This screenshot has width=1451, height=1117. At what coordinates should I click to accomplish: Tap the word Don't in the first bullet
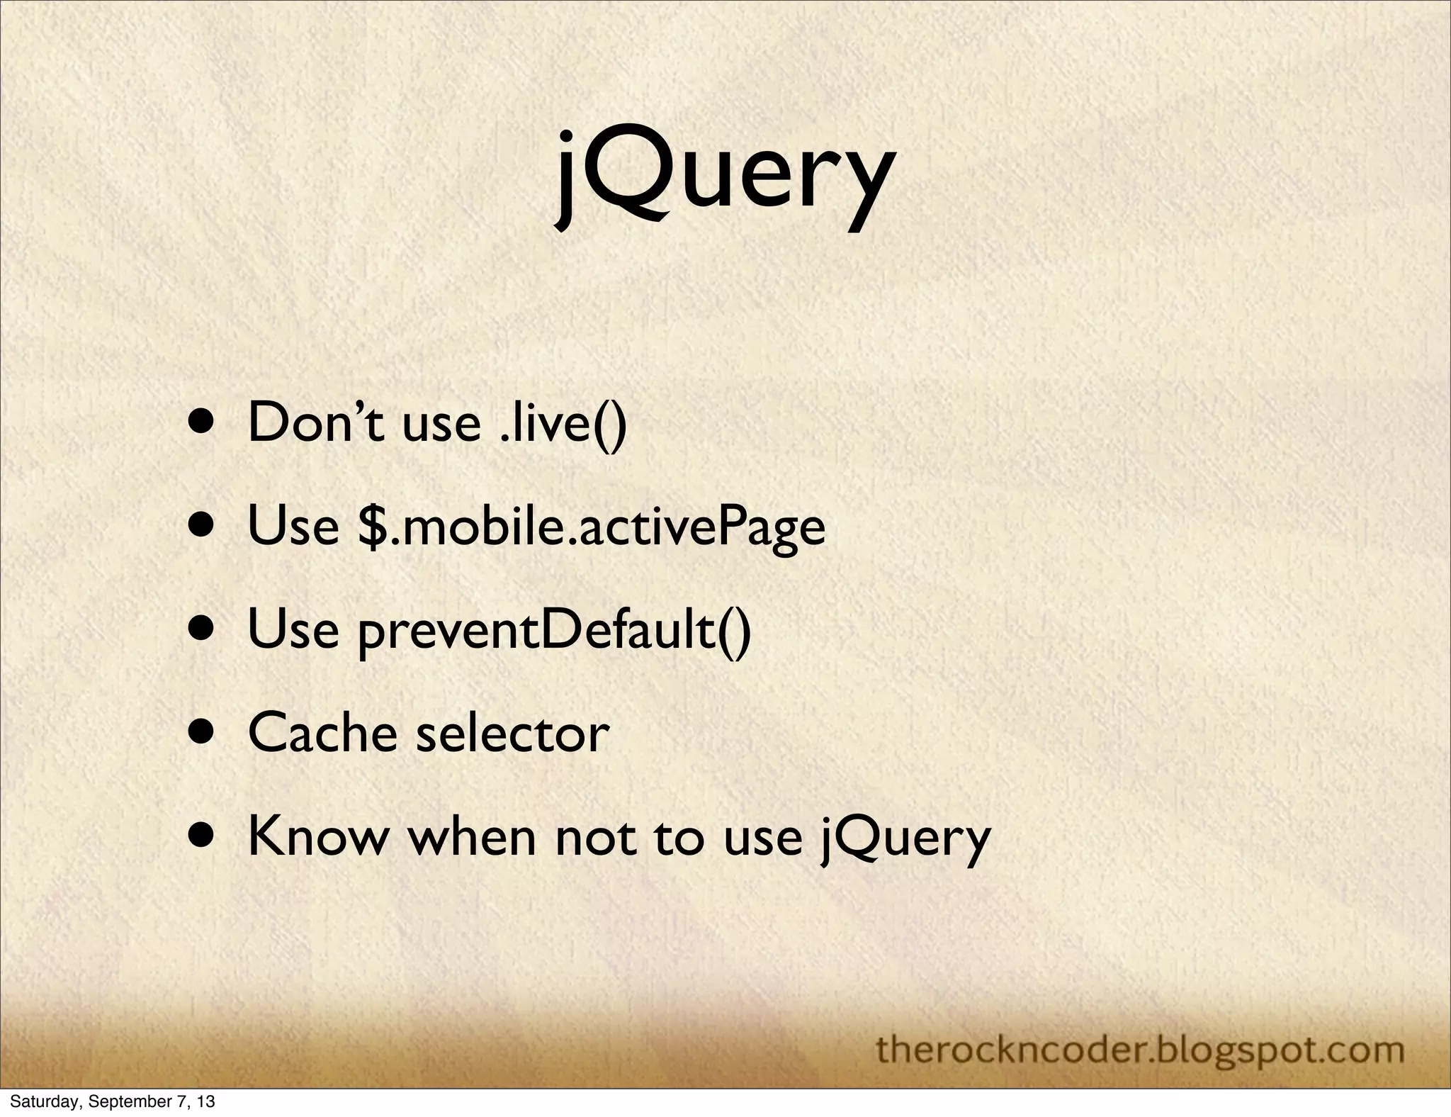(x=315, y=423)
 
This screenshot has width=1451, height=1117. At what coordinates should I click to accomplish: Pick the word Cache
(x=322, y=734)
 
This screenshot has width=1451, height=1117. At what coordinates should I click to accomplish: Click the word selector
(x=512, y=734)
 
